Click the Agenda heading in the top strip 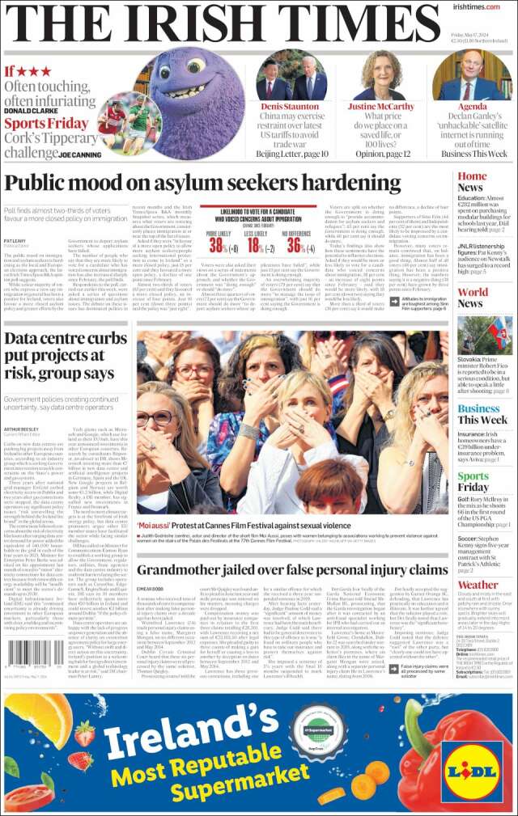(472, 107)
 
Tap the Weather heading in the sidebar (478, 585)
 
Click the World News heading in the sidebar (473, 299)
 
